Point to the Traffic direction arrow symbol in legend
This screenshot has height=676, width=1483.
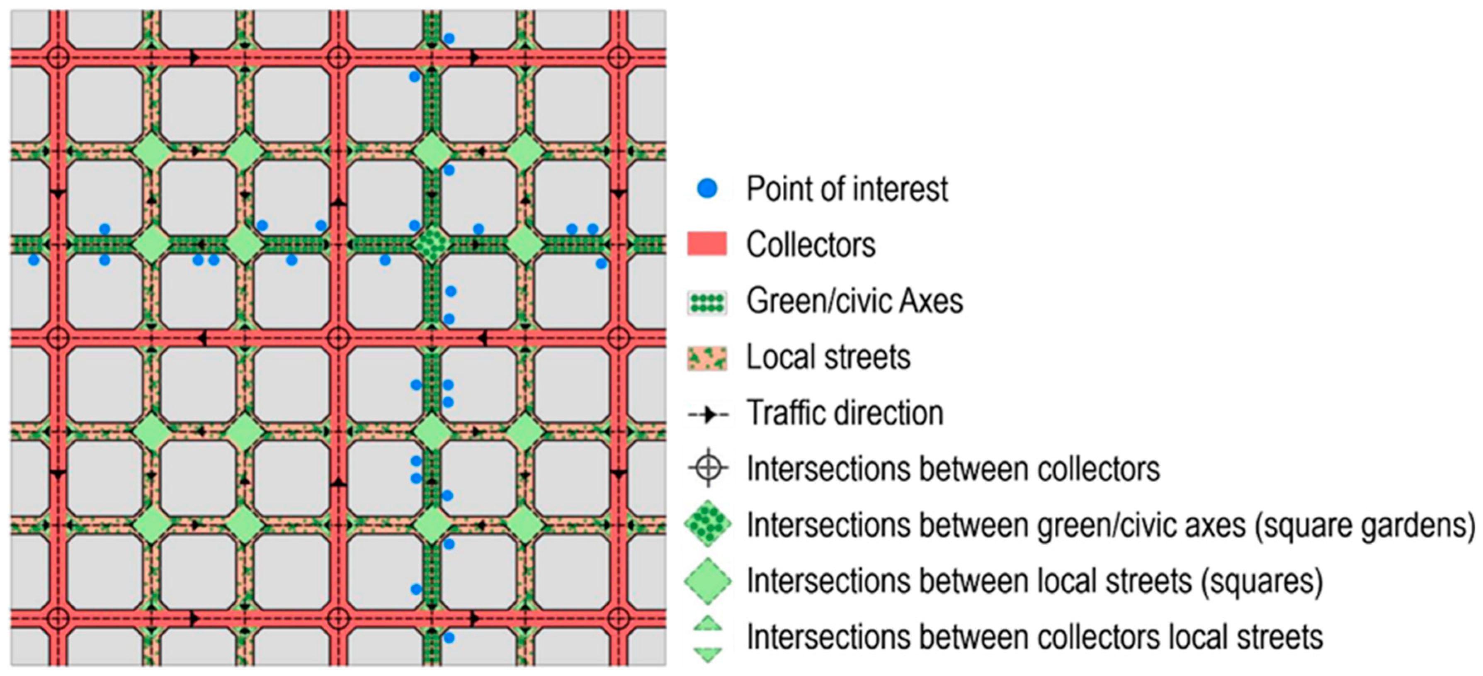(x=708, y=414)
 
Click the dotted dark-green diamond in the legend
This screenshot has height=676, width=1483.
(x=708, y=524)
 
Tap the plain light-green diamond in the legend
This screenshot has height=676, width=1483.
(x=708, y=581)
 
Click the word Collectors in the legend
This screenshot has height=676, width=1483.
(x=811, y=245)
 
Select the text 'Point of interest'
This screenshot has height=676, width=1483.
(x=846, y=189)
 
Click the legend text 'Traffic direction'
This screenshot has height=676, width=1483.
(x=845, y=413)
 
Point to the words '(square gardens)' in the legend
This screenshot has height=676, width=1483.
(x=1364, y=525)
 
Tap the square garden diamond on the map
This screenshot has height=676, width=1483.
(x=432, y=244)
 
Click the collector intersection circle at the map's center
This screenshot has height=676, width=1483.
(x=338, y=338)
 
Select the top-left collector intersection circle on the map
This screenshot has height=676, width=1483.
(x=58, y=58)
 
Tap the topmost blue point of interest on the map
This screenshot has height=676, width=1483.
(x=449, y=39)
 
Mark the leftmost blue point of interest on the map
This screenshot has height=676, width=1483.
(x=34, y=260)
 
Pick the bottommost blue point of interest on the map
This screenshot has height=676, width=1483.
(x=449, y=637)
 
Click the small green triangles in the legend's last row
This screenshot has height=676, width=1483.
(x=708, y=638)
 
